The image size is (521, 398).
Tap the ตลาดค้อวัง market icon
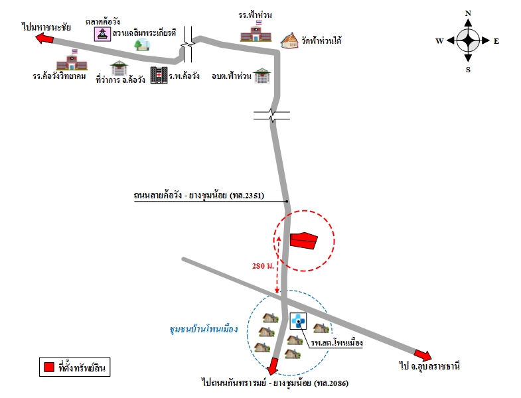point(102,34)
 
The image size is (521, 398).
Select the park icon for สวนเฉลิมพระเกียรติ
point(142,44)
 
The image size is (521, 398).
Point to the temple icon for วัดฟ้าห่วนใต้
point(289,40)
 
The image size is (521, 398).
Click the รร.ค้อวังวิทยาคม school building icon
point(72,60)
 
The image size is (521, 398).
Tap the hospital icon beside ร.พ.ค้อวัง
point(159,75)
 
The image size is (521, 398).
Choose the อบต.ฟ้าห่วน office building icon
point(262,76)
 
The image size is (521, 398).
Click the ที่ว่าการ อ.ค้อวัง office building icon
point(119,68)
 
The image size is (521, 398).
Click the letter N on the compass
point(468,14)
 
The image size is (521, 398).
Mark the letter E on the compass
point(496,41)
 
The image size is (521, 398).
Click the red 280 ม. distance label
point(263,266)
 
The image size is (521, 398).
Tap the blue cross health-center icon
point(299,321)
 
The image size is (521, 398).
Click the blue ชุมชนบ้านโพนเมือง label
point(204,329)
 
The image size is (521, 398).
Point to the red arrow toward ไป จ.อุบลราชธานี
point(423,355)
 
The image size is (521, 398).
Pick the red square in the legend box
point(49,367)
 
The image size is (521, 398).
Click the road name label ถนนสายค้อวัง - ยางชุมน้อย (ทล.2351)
point(199,195)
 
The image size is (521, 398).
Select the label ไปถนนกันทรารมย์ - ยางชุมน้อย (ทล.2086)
point(275,383)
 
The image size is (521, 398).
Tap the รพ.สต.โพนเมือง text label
point(336,342)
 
